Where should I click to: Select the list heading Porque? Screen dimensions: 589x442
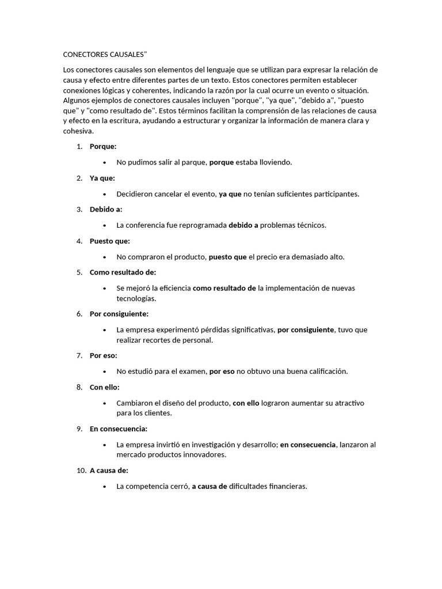pyautogui.click(x=103, y=147)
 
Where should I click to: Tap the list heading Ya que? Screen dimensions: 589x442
pyautogui.click(x=102, y=178)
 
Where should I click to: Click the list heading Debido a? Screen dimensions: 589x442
pyautogui.click(x=106, y=209)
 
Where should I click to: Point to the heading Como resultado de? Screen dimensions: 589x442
pyautogui.click(x=123, y=272)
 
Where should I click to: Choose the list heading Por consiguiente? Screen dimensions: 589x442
pyautogui.click(x=119, y=314)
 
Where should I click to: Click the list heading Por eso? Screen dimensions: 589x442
pyautogui.click(x=104, y=355)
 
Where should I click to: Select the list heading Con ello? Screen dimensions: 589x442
pyautogui.click(x=105, y=387)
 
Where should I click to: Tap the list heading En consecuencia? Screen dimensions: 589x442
pyautogui.click(x=119, y=429)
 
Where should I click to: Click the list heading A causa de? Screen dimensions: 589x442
pyautogui.click(x=109, y=471)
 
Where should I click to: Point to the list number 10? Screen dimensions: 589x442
pyautogui.click(x=81, y=471)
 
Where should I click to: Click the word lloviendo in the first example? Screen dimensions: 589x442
pyautogui.click(x=276, y=162)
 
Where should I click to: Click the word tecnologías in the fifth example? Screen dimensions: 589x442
pyautogui.click(x=136, y=299)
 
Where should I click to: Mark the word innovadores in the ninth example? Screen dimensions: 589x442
pyautogui.click(x=204, y=455)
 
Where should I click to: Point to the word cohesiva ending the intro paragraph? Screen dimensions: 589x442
pyautogui.click(x=78, y=131)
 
